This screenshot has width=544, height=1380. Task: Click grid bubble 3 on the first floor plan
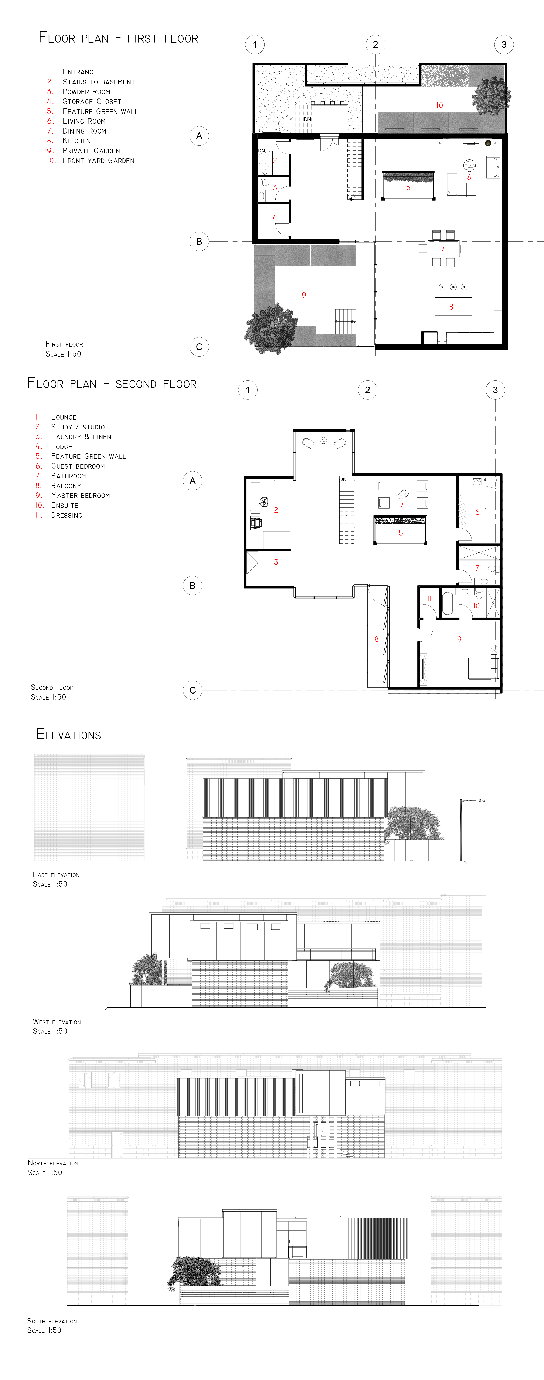[x=503, y=44]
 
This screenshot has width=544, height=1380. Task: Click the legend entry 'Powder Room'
[x=86, y=92]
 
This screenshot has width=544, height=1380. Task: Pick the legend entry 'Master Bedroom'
[x=80, y=496]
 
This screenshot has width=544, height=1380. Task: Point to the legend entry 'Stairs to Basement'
[x=99, y=82]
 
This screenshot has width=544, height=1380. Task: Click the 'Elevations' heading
[x=69, y=735]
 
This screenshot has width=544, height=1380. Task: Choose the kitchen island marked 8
[x=453, y=306]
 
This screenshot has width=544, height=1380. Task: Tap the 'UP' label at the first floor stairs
[x=351, y=199]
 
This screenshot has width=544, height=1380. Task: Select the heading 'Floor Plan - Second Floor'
[x=112, y=384]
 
